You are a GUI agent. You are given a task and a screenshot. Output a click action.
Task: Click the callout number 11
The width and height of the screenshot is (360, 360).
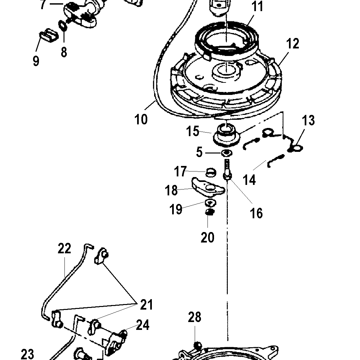(x=257, y=7)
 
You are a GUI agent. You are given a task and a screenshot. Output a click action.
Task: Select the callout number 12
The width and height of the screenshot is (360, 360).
(x=293, y=44)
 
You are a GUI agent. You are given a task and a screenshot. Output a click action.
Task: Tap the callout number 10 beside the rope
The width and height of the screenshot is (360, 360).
(x=141, y=119)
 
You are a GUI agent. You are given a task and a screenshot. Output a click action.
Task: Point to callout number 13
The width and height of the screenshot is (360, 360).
(x=308, y=120)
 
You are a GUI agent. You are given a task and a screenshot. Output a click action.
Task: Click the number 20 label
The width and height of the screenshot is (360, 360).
(x=207, y=237)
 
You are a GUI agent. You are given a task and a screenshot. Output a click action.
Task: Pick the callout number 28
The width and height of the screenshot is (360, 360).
(x=194, y=317)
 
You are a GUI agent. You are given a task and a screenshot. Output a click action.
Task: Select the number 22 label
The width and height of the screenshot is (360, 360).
(x=64, y=248)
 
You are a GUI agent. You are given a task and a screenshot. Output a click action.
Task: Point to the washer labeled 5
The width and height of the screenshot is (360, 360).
(x=226, y=153)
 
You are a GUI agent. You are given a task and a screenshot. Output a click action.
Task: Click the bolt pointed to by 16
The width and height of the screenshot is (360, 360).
(x=227, y=169)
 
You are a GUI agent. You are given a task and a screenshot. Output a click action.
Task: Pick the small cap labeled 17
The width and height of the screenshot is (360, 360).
(x=210, y=172)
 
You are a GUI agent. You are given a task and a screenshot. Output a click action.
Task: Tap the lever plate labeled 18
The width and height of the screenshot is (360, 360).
(x=208, y=187)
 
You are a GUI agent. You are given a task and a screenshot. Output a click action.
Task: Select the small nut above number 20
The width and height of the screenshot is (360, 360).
(x=209, y=212)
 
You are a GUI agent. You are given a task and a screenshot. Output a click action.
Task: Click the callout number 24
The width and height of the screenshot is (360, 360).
(x=143, y=325)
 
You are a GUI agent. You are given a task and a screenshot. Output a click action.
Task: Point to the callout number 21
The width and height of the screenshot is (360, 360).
(x=147, y=305)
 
